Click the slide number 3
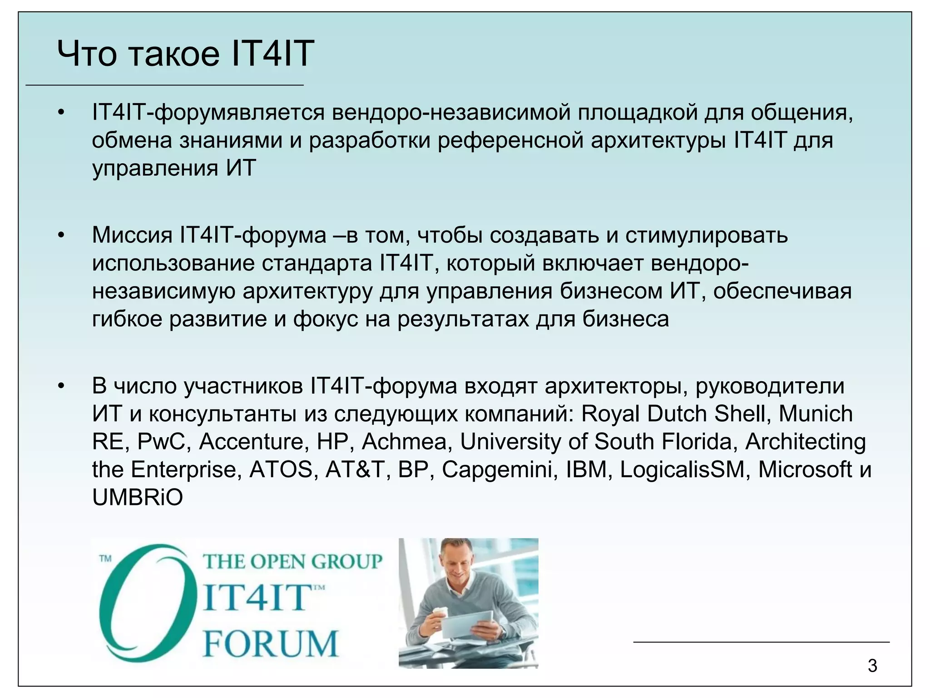coord(872,666)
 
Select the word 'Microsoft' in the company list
coord(805,469)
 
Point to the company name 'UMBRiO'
coord(137,498)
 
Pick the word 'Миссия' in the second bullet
coord(132,235)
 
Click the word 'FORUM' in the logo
coord(271,643)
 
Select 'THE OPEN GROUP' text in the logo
coord(292,562)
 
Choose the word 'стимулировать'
coord(707,235)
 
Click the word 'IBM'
coord(586,469)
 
